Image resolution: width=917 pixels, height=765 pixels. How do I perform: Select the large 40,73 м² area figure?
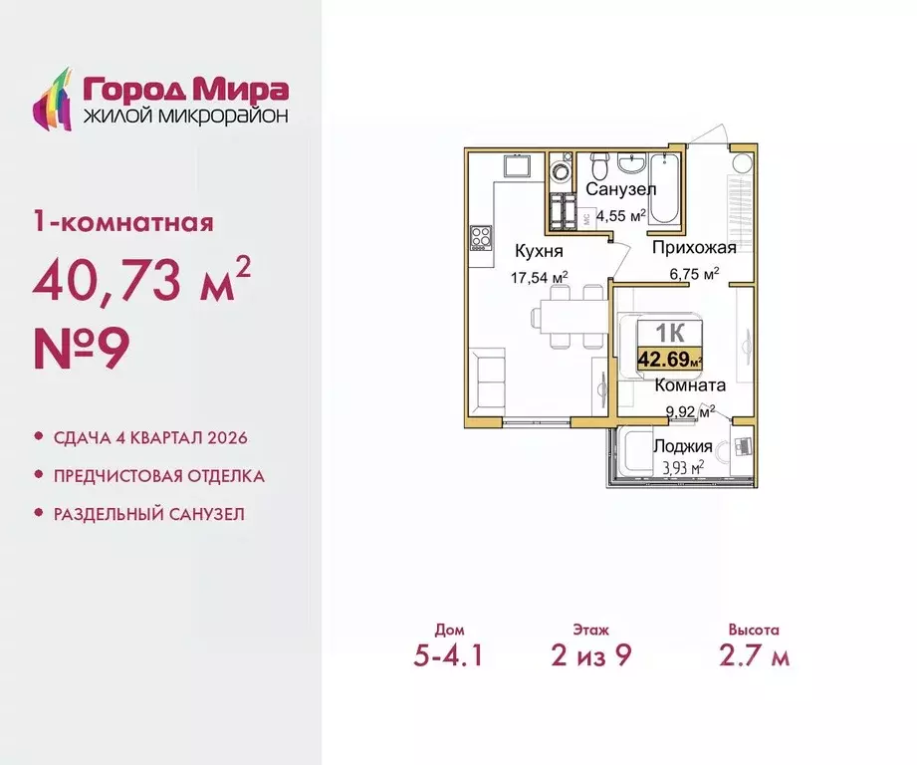pos(133,283)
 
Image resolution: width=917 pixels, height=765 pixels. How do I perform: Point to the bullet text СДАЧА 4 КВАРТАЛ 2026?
pos(149,438)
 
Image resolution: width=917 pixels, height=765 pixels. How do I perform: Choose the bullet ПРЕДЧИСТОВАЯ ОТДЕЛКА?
pos(159,476)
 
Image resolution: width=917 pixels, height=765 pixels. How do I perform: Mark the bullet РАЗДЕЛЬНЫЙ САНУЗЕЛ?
pos(148,514)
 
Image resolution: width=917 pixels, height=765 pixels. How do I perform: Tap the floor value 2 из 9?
pos(591,657)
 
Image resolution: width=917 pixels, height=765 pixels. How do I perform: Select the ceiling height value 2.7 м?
pos(753,657)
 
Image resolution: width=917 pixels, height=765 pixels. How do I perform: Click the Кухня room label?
pos(538,252)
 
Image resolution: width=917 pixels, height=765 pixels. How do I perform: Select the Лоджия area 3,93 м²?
pos(683,465)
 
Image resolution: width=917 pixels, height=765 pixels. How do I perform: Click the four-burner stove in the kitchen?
pos(481,239)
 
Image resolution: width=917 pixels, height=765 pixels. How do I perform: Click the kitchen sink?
pos(518,165)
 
